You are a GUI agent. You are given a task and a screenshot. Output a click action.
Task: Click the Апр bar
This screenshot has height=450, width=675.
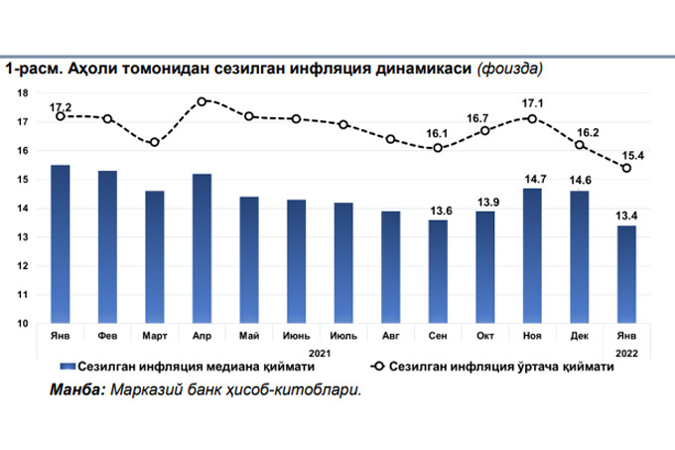(202, 248)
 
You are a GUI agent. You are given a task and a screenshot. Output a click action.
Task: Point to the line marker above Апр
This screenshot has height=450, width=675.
(202, 101)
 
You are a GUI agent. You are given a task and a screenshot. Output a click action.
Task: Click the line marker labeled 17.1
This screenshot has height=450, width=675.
(533, 118)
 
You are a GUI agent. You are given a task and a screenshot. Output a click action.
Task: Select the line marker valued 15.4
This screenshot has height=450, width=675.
(626, 168)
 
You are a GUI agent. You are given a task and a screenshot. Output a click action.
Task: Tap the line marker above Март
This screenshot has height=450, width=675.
(155, 142)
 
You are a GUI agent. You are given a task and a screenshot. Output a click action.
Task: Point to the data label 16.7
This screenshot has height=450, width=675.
(485, 115)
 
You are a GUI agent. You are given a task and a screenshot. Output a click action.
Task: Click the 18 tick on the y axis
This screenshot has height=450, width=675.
(22, 93)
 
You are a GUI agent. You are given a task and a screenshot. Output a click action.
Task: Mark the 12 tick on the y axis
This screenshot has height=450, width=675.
(22, 266)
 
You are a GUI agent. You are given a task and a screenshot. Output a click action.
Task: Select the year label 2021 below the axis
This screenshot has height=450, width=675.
(320, 352)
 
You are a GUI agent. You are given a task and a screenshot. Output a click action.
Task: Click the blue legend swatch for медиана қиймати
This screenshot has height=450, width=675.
(67, 367)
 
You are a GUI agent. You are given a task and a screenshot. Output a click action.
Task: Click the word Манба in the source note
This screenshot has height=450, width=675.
(74, 388)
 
